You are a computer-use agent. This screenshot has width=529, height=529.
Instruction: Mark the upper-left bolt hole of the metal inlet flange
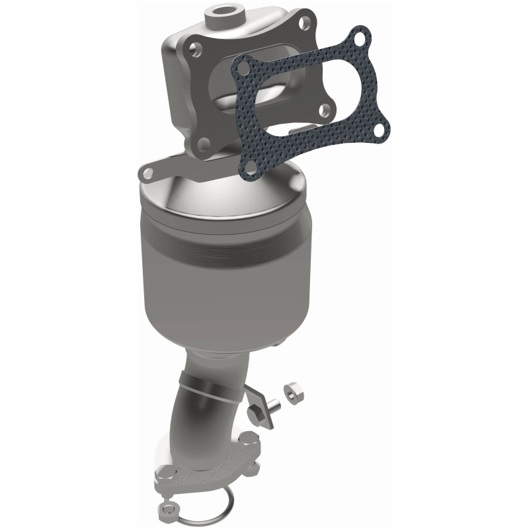point(196,48)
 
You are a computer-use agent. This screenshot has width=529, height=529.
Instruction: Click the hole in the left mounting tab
point(147,173)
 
